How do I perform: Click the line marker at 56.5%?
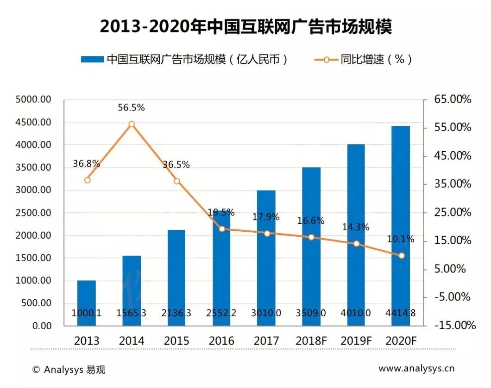[132, 124]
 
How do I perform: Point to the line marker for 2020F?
[402, 255]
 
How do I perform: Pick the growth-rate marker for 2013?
[87, 180]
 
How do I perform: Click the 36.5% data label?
[176, 165]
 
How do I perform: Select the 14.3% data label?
[356, 227]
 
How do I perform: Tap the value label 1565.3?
[132, 313]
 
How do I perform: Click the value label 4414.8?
[400, 313]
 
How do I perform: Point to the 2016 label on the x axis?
[221, 341]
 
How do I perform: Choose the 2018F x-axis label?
[311, 341]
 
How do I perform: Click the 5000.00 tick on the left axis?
[33, 99]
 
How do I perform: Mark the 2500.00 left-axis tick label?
[33, 213]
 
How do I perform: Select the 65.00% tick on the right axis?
[453, 99]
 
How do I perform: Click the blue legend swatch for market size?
[92, 60]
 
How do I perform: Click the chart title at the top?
[245, 26]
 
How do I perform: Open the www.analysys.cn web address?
[416, 369]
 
